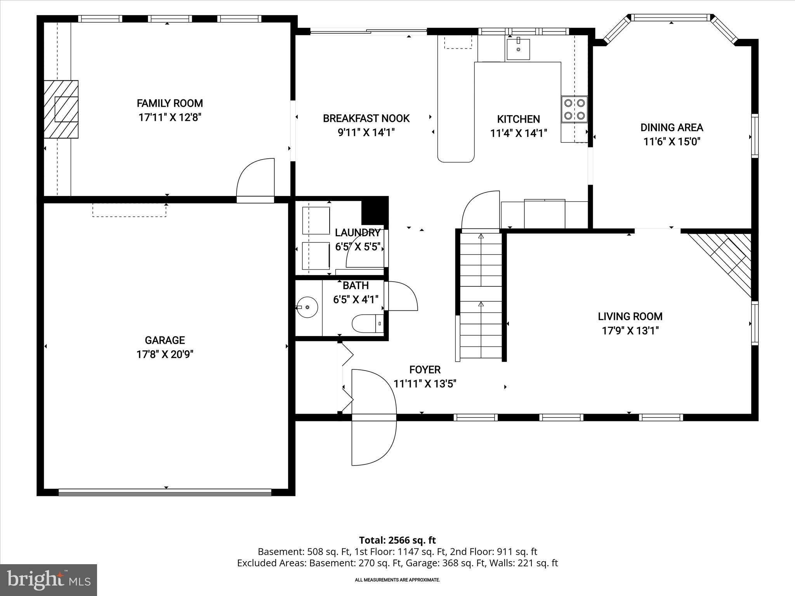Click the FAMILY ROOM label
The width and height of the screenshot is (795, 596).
170,103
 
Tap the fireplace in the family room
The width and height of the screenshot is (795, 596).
61,109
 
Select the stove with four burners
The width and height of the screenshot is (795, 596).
574,109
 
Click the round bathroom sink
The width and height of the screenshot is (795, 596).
307,307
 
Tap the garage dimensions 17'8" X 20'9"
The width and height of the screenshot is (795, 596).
165,354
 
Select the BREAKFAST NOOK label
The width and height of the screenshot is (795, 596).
366,118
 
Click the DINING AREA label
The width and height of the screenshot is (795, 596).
672,127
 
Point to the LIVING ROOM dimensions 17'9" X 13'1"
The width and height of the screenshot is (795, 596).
630,331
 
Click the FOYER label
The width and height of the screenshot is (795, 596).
425,369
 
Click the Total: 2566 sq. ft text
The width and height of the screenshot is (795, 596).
397,540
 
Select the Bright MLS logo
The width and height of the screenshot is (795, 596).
49,580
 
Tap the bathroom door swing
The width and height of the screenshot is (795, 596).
402,296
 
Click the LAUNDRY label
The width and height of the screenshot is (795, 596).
357,233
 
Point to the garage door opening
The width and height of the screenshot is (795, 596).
165,492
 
